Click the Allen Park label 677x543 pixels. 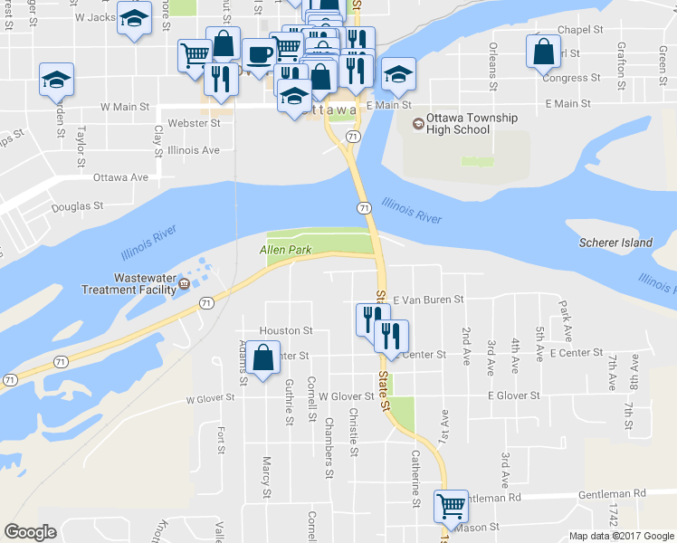[x=285, y=250]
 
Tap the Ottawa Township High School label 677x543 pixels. [x=459, y=124]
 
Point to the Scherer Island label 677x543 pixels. [x=615, y=243]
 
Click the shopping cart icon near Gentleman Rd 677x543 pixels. [x=450, y=505]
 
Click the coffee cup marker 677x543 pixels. [x=259, y=53]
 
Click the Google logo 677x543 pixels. [x=30, y=533]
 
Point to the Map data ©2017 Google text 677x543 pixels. [x=620, y=536]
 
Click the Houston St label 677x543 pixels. [x=286, y=331]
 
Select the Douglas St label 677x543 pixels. [x=77, y=206]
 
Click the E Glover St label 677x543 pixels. [x=513, y=395]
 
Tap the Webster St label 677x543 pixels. [x=195, y=123]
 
